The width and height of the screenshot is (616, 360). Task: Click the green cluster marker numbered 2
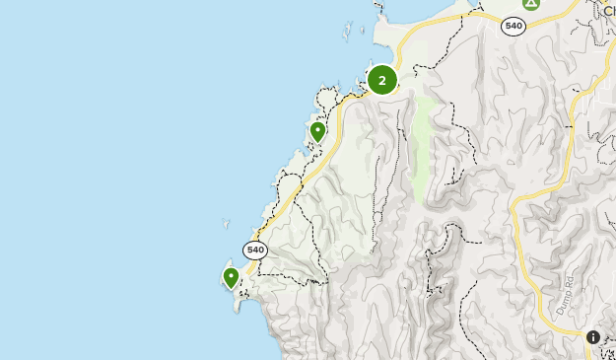click(x=382, y=80)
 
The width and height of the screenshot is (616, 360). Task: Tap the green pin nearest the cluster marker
click(x=317, y=131)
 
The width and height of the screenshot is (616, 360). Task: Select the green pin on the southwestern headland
click(x=231, y=277)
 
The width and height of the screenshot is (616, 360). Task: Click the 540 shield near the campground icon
click(x=513, y=27)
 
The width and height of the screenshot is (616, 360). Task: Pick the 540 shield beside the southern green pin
click(x=255, y=250)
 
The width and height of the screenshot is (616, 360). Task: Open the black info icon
click(x=593, y=337)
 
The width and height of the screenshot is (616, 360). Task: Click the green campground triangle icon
click(x=531, y=3)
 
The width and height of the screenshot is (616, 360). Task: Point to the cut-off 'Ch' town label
click(x=609, y=13)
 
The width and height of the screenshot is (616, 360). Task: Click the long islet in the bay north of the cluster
click(x=346, y=33)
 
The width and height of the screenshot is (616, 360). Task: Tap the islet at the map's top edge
click(x=378, y=4)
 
